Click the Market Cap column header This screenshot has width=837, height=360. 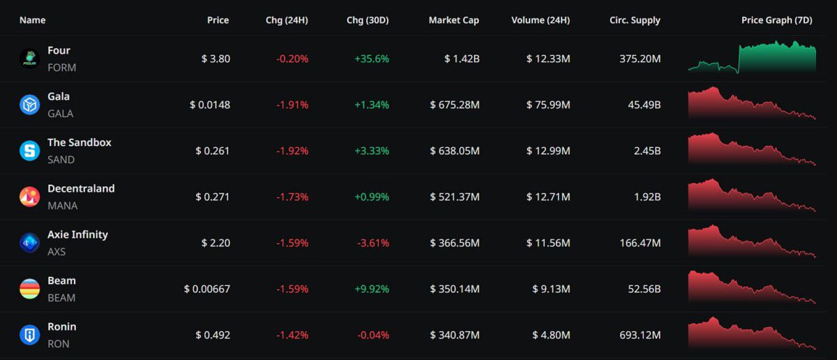(x=453, y=20)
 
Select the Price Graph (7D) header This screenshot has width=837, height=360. (x=776, y=20)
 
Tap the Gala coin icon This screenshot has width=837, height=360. (x=29, y=105)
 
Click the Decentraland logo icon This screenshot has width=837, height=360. (x=29, y=197)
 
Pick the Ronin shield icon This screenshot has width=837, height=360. (x=29, y=335)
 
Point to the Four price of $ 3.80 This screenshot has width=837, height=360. (x=216, y=59)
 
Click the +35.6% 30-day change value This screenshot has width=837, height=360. (x=372, y=59)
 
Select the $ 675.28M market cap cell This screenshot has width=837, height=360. (x=455, y=105)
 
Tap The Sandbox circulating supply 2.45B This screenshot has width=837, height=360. (x=645, y=151)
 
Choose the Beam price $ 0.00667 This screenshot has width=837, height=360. (x=207, y=290)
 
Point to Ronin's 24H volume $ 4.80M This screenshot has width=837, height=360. (x=548, y=336)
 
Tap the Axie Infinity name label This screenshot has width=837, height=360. (x=77, y=235)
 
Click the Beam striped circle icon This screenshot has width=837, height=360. (x=29, y=289)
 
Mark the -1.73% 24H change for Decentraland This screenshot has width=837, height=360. (x=292, y=197)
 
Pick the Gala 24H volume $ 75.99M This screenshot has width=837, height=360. (x=548, y=105)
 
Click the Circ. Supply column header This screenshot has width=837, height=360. (x=635, y=20)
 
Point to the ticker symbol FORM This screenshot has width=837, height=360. (x=61, y=68)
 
